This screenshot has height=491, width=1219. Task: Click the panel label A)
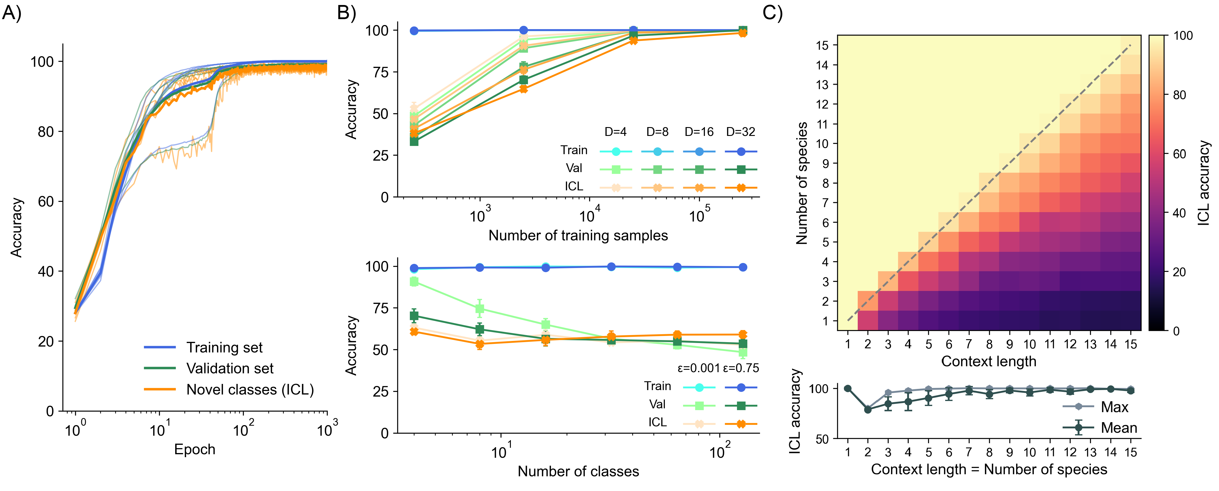(11, 13)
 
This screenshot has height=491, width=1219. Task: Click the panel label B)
(346, 13)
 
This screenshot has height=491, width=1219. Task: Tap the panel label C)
(772, 13)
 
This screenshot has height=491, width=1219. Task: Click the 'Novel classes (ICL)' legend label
(250, 390)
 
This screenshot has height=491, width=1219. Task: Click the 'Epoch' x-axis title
(195, 450)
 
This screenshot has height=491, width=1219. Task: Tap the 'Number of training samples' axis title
(578, 236)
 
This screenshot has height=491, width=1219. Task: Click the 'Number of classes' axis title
(578, 472)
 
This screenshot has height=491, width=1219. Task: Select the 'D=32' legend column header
(741, 132)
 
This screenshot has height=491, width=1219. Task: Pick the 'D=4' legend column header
(615, 132)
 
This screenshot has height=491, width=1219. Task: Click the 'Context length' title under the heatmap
(988, 361)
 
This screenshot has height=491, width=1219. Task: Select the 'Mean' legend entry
(1119, 428)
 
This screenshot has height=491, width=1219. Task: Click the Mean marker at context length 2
(867, 410)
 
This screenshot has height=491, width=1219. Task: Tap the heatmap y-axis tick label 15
(822, 45)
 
